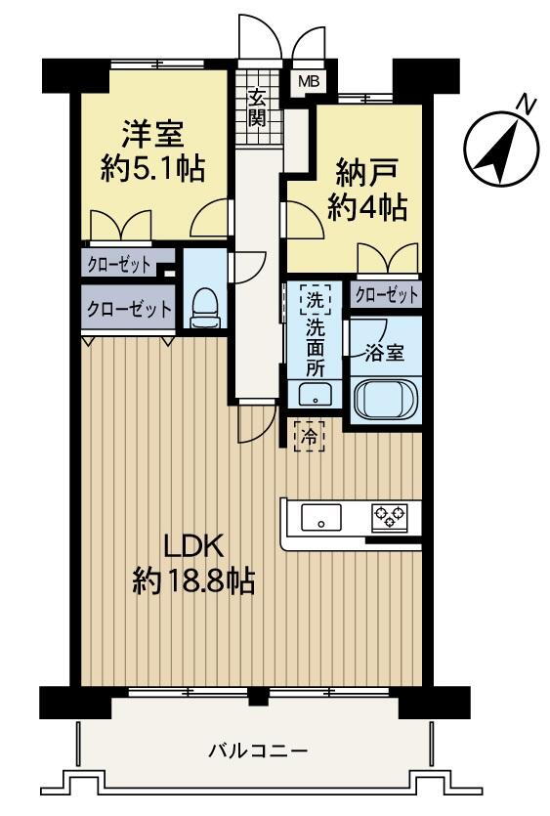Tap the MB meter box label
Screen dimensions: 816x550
click(x=308, y=83)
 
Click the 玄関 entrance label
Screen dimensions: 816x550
click(x=257, y=108)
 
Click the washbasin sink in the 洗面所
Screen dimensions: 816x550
click(x=314, y=393)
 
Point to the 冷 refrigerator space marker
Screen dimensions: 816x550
click(x=310, y=437)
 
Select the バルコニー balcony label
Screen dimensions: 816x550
click(x=258, y=752)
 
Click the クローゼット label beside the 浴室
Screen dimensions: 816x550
click(x=386, y=293)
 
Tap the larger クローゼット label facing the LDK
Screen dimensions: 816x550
click(x=128, y=309)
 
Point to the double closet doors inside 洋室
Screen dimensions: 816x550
click(x=120, y=227)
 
